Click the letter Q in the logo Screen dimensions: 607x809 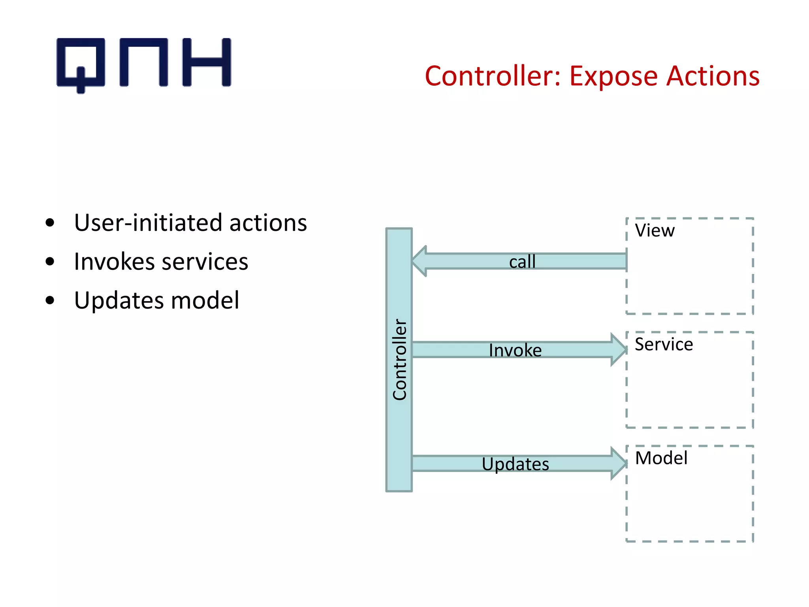(x=81, y=63)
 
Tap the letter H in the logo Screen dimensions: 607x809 (x=207, y=62)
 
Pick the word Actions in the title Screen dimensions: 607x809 (x=713, y=76)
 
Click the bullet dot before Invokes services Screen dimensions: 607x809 (x=50, y=262)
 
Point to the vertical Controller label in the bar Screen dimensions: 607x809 (x=399, y=360)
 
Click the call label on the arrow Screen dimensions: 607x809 (x=522, y=262)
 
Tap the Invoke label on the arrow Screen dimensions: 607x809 (x=515, y=350)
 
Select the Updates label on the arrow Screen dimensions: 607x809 (x=515, y=464)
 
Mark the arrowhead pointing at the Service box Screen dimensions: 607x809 (x=618, y=350)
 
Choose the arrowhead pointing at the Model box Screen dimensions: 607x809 (x=618, y=464)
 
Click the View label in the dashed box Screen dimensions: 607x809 (x=655, y=230)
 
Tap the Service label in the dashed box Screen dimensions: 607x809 (x=664, y=344)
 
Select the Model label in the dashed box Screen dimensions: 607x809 (x=661, y=458)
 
